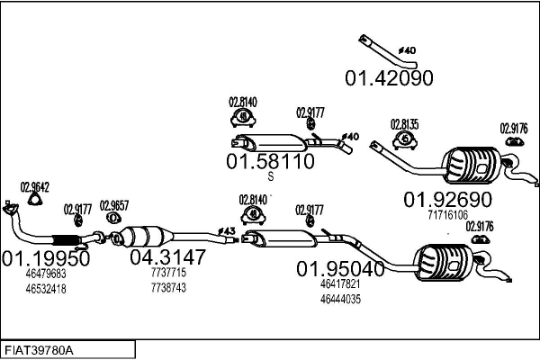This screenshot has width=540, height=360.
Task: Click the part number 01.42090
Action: tap(389, 78)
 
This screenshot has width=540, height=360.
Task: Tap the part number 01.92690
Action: tap(446, 199)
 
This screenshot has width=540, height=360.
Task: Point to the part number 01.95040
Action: tap(341, 268)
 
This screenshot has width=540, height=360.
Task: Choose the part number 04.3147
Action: tap(168, 257)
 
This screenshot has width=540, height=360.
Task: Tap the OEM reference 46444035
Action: tap(340, 299)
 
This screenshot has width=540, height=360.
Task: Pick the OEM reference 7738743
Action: tap(168, 288)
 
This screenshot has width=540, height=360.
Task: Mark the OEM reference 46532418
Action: tap(46, 289)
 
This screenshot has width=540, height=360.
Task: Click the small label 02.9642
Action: tap(35, 187)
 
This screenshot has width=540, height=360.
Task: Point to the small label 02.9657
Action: tap(113, 204)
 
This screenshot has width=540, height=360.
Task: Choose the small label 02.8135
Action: tap(404, 123)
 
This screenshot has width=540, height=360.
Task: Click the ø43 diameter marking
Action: tap(227, 232)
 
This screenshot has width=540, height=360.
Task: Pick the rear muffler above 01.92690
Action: tap(470, 163)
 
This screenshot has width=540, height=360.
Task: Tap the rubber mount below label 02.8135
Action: tap(405, 140)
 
